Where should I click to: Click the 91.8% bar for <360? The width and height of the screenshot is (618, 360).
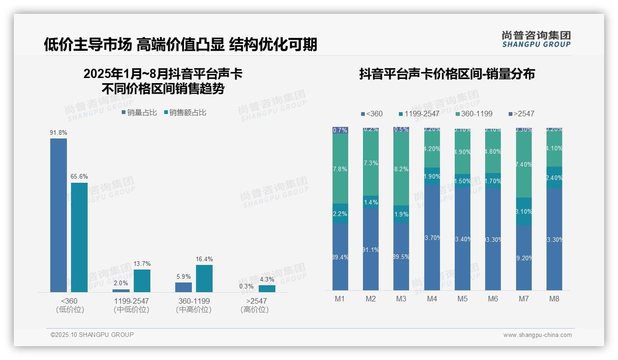(x=59, y=215)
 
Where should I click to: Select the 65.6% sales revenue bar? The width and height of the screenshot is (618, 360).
(x=79, y=237)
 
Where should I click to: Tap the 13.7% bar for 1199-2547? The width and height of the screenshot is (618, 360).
(x=142, y=281)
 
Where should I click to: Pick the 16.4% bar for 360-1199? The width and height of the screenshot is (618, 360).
(x=204, y=278)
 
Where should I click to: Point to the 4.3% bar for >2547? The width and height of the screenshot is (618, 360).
(x=267, y=288)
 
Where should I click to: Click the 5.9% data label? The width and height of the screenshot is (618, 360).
(x=183, y=276)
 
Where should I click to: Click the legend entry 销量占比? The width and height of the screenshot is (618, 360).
(x=139, y=113)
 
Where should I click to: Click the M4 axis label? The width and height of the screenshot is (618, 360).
(x=432, y=299)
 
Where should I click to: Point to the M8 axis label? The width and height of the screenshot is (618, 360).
(x=554, y=299)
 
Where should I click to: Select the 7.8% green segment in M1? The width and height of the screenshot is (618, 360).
(x=340, y=169)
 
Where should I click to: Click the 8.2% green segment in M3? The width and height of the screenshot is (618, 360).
(x=401, y=169)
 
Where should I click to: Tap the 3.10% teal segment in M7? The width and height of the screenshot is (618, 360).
(x=523, y=211)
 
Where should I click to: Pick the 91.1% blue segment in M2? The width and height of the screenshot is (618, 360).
(x=371, y=250)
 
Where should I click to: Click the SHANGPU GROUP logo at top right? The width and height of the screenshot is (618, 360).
(x=536, y=39)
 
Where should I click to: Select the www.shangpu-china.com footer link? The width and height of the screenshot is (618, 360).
(x=537, y=335)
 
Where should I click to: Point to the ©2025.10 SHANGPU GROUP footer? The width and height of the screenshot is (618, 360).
(x=92, y=335)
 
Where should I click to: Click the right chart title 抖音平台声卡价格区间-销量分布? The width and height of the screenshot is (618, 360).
(x=447, y=74)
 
